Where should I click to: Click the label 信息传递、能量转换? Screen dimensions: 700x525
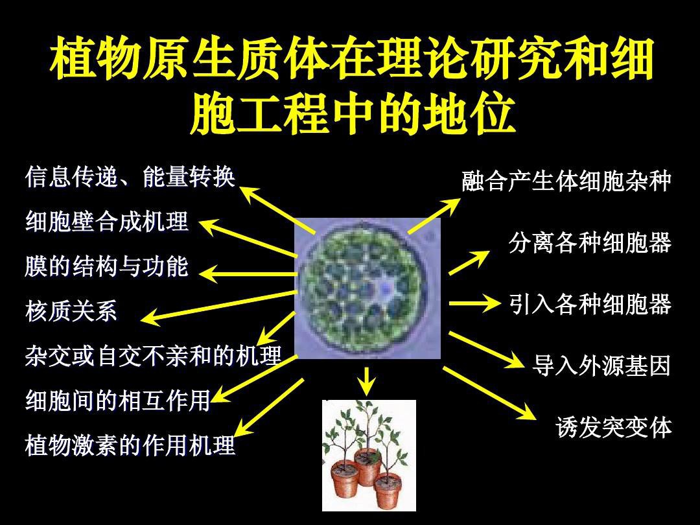click(130, 177)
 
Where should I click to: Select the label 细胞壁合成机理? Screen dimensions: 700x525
click(107, 222)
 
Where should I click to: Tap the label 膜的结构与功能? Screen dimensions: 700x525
click(107, 266)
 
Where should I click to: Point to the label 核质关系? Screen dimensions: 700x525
click(71, 310)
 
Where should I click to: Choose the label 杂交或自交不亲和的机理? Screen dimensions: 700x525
click(154, 356)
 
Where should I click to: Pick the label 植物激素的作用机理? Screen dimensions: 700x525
click(130, 445)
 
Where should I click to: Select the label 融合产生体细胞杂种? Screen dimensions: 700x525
click(566, 181)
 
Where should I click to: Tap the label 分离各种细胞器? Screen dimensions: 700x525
click(590, 243)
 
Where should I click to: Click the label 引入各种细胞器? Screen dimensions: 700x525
click(590, 305)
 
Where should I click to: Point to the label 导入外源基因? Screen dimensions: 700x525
click(601, 366)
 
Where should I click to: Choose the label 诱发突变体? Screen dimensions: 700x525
click(614, 428)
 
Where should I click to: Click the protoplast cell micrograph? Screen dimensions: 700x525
click(368, 288)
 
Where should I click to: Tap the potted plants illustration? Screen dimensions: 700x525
click(369, 456)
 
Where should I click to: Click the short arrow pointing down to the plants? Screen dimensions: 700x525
click(367, 381)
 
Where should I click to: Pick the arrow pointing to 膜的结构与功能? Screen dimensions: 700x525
click(248, 274)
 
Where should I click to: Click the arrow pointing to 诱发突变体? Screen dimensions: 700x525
click(490, 393)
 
